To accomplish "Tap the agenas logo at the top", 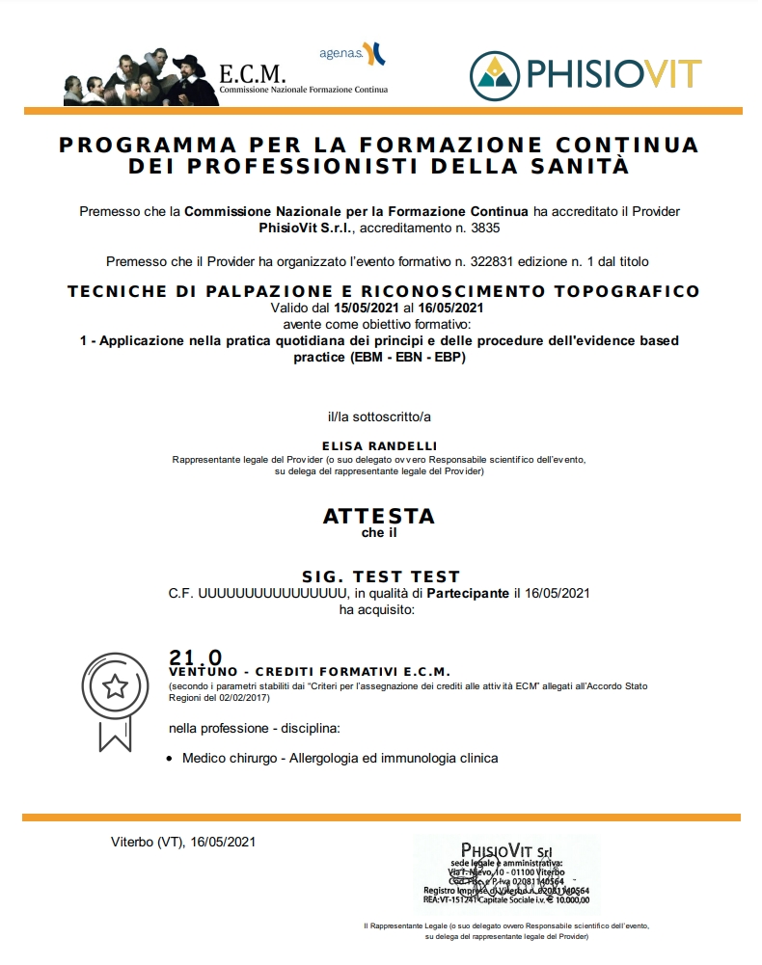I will tap(352, 52).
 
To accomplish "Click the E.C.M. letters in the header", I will tap(253, 73).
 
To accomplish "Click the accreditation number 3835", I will tap(484, 228).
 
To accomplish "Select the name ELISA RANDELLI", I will tap(380, 445).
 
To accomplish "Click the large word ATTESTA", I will tap(379, 515).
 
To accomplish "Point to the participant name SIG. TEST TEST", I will tap(380, 576).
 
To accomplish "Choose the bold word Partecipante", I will tap(468, 593).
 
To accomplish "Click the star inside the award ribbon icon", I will tap(116, 686).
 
